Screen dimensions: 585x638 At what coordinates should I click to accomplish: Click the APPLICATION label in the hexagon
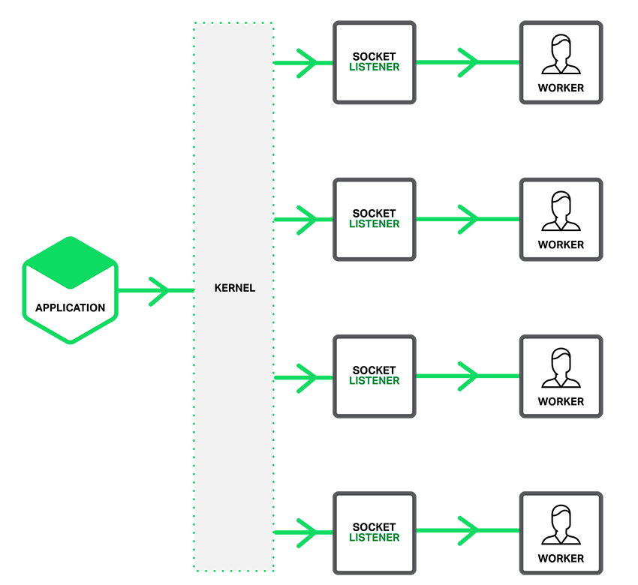pos(70,307)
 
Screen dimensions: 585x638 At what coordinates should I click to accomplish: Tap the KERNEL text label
pos(234,288)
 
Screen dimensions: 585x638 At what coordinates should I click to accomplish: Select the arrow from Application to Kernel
pos(155,291)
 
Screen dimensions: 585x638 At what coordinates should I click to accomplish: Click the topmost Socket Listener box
pos(375,62)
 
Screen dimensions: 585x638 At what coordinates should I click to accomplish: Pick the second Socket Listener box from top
pos(375,219)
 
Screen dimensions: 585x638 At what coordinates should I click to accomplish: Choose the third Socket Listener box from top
pos(375,376)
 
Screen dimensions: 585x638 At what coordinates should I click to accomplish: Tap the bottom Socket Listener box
pos(375,532)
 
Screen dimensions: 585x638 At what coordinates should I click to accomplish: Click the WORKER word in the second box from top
pos(561,244)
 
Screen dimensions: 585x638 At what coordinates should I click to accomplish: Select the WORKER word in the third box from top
pos(561,401)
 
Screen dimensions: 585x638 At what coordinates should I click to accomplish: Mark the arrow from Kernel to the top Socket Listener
pos(303,63)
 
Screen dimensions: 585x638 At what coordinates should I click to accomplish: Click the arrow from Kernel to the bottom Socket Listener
pos(303,532)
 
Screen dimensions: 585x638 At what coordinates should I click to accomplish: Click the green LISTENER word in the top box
pos(375,67)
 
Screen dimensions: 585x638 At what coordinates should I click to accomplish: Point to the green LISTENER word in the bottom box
pos(375,538)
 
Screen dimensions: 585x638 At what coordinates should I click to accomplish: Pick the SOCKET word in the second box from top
pos(374,214)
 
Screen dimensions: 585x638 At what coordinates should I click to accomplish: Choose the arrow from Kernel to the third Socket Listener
pos(303,377)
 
